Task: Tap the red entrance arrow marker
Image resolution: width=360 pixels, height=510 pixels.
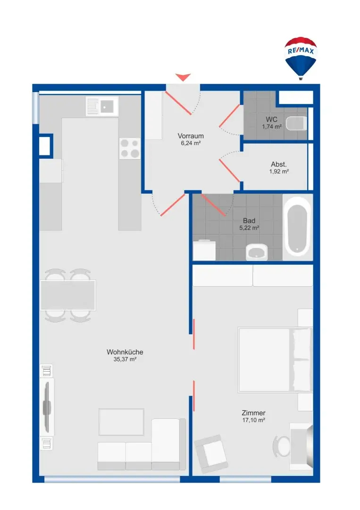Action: click(x=183, y=77)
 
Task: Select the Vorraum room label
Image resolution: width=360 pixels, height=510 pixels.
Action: click(x=191, y=136)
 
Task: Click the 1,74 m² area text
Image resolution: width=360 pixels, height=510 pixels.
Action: click(x=272, y=127)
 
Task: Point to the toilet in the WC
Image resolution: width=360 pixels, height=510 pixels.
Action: click(x=296, y=124)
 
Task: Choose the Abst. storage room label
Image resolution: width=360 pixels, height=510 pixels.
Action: click(x=279, y=164)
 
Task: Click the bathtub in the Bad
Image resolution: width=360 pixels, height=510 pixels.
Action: click(x=297, y=226)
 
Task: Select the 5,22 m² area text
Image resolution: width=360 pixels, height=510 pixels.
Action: click(x=249, y=228)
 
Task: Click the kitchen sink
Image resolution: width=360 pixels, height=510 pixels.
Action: click(x=102, y=106)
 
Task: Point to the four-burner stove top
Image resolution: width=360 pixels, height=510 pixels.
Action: click(x=130, y=148)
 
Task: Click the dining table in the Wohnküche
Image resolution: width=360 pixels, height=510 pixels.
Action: click(x=68, y=295)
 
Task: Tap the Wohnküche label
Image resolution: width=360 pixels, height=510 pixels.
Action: click(x=125, y=352)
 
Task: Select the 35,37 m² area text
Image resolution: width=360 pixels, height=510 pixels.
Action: click(x=125, y=359)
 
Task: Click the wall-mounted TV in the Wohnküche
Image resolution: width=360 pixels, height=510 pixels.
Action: click(x=47, y=407)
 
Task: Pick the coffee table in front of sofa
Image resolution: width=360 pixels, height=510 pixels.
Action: click(x=121, y=422)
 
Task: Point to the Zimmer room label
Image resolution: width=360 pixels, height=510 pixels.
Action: click(x=253, y=412)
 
